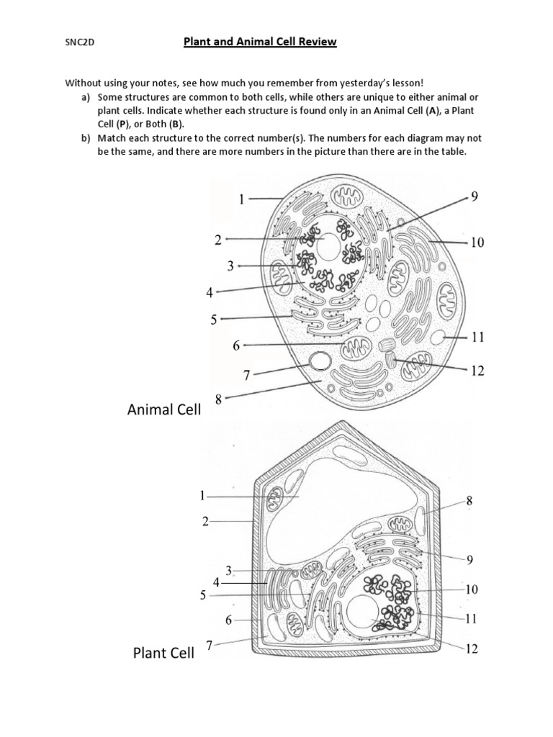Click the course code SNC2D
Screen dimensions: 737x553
click(80, 42)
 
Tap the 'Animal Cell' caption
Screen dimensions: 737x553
click(163, 410)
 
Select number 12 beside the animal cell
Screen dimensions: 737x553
click(477, 371)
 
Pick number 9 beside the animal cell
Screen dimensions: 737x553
click(474, 196)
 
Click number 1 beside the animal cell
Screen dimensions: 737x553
click(243, 199)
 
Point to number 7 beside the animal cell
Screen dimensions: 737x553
click(246, 376)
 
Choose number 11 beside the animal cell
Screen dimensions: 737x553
click(477, 336)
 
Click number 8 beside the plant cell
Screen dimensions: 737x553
click(469, 499)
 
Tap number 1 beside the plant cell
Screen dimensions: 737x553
click(203, 495)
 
